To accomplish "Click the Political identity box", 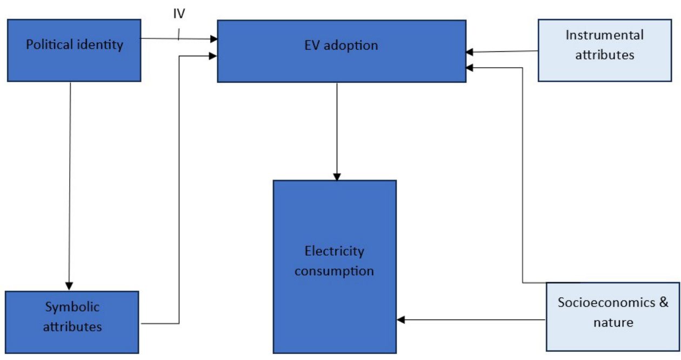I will point(74,50).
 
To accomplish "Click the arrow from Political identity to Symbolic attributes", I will point(70,184).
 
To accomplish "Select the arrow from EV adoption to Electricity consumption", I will point(337,130).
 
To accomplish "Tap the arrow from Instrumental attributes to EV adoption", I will point(503,52).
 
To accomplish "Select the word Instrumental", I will point(604,36).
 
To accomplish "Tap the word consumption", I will point(335,271).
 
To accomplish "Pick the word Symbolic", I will point(72,307).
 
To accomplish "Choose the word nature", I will point(613,323).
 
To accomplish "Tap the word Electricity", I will point(335,251).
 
